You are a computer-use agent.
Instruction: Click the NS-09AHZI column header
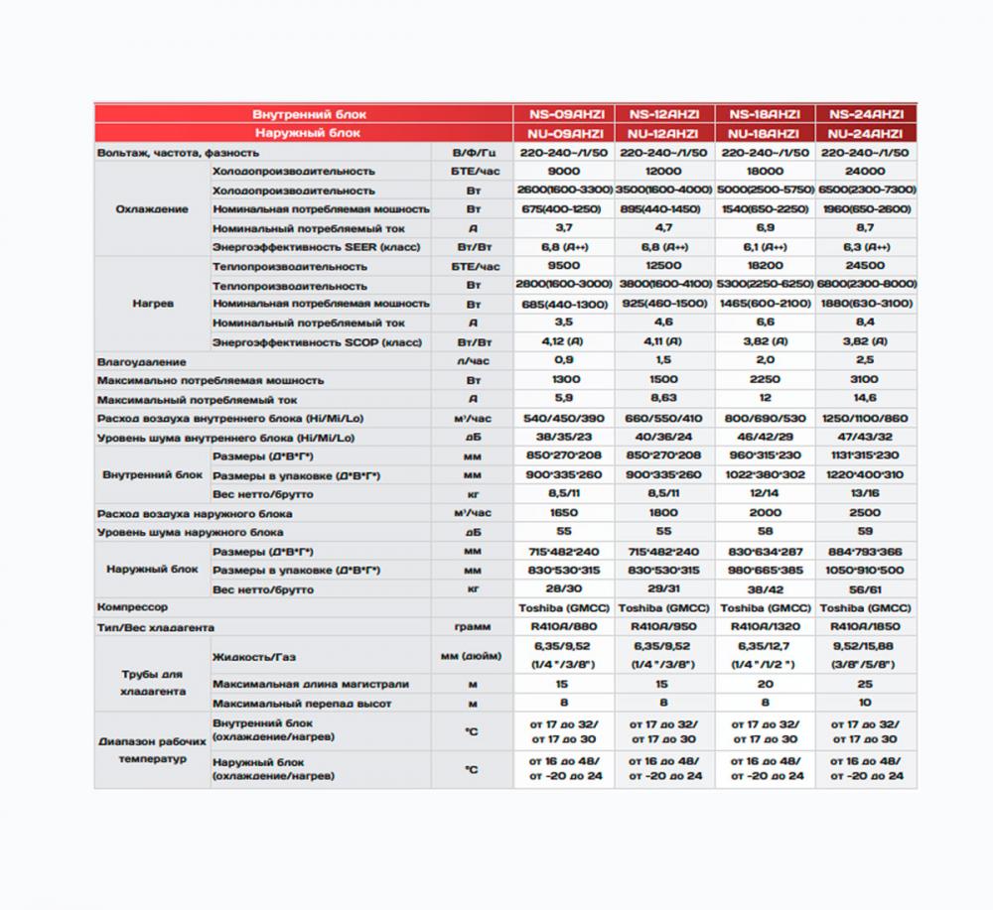pos(563,114)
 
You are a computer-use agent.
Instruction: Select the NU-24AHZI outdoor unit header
pos(865,133)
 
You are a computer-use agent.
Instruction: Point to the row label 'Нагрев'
pos(153,304)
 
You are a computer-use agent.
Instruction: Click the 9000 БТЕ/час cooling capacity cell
pos(563,171)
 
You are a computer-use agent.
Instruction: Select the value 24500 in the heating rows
pos(865,266)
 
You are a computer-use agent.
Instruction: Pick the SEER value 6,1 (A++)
pos(765,247)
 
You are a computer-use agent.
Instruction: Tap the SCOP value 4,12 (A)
pos(563,342)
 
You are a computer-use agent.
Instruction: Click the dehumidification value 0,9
pos(563,361)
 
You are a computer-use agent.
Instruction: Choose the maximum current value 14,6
pos(865,399)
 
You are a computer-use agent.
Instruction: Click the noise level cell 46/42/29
pos(765,437)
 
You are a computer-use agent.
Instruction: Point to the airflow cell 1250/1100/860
pos(865,418)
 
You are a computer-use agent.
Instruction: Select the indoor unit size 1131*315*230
pos(865,455)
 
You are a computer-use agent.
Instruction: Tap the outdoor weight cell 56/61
pos(865,588)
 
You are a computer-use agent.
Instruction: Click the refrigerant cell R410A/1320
pos(765,627)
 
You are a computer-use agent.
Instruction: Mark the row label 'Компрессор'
pos(133,607)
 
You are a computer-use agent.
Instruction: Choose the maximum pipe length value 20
pos(765,684)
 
